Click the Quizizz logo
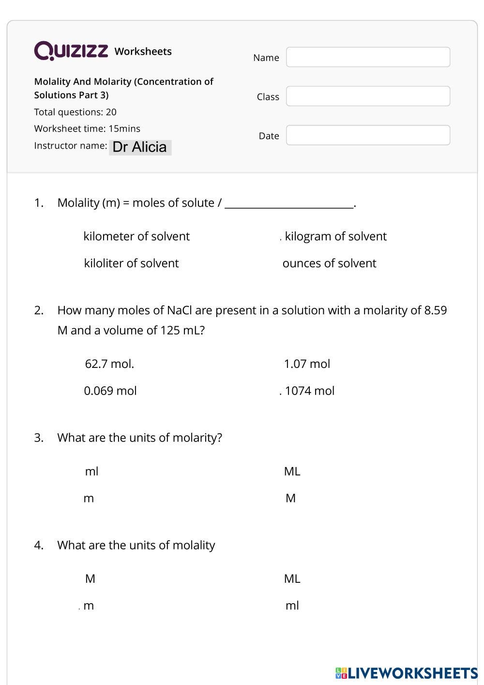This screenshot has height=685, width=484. pos(71,51)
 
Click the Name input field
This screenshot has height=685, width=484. pos(368,57)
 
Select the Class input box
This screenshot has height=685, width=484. pos(368,96)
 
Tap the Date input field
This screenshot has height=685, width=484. pos(368,135)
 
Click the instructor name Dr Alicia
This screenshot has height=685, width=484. pos(140,147)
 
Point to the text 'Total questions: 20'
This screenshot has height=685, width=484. pos(75,112)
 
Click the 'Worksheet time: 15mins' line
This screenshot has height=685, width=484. pos(87,129)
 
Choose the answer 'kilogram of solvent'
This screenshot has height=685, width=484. pos(335,236)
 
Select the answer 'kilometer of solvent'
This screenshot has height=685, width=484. pos(136,236)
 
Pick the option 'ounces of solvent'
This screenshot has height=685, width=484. pos(329,263)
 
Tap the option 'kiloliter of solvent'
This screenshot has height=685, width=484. pos(131,263)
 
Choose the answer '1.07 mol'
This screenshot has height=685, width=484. pos(307,364)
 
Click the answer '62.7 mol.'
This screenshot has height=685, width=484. pos(109,364)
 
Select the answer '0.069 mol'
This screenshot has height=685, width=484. pos(110,391)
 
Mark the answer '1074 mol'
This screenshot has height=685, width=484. pos(309,391)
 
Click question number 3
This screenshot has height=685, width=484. pos(39,438)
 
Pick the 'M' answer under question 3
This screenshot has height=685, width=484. pos(290,498)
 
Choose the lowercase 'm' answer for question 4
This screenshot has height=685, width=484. pos(89,606)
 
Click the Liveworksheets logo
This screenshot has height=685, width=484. pos(406,673)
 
